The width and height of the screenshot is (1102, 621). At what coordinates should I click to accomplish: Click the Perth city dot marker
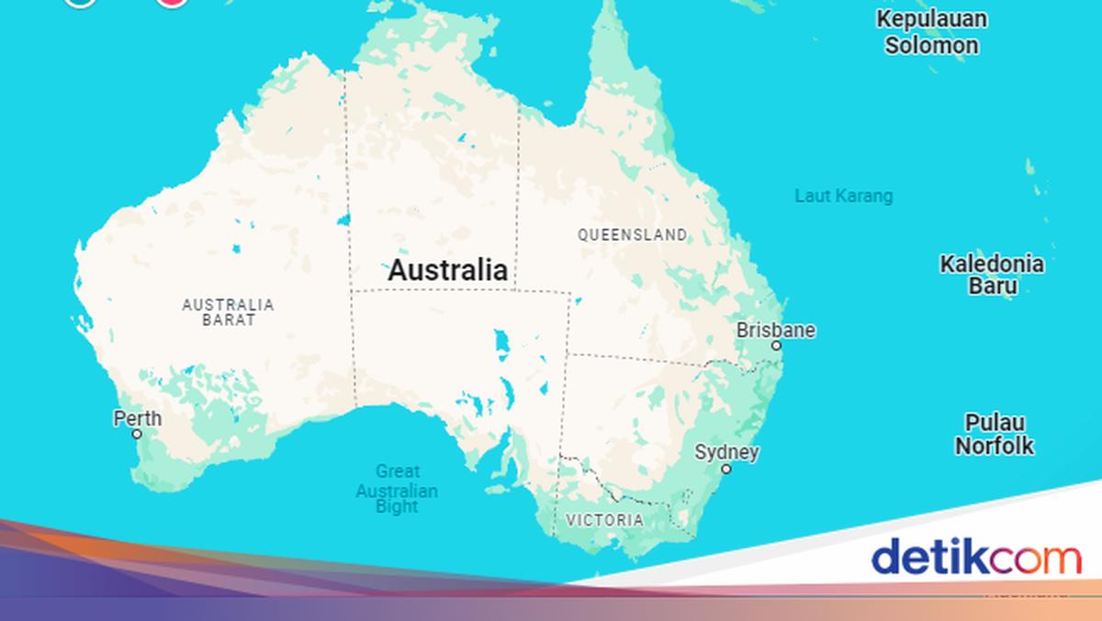click(137, 434)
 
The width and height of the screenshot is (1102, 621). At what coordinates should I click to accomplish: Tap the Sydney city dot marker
click(725, 469)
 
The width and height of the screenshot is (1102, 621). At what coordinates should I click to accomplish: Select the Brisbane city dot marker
click(776, 346)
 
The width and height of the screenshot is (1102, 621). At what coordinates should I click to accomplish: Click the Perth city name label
click(137, 419)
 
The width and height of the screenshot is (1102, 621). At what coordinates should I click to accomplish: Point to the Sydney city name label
click(726, 452)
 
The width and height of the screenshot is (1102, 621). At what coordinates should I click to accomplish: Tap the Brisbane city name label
click(775, 330)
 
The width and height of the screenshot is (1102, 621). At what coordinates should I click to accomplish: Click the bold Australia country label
click(447, 270)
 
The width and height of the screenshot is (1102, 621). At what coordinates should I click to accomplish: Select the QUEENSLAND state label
click(632, 235)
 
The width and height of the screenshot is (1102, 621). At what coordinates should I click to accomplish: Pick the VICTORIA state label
click(604, 520)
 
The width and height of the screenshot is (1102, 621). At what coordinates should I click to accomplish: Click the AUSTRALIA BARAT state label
click(228, 312)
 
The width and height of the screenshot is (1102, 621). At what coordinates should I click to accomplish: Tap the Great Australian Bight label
click(397, 490)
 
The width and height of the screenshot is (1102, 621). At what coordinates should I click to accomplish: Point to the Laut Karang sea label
click(843, 196)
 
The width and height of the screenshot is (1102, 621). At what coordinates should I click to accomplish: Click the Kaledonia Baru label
click(991, 275)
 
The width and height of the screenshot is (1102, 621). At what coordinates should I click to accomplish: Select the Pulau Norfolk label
click(994, 435)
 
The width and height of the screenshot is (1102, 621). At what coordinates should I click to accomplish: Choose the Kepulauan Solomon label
click(931, 32)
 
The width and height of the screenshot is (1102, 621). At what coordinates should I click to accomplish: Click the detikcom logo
click(976, 558)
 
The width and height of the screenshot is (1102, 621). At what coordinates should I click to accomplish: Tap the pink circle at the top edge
click(172, 2)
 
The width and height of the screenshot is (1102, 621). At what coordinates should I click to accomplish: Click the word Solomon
click(931, 45)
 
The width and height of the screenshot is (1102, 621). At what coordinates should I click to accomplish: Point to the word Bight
click(397, 506)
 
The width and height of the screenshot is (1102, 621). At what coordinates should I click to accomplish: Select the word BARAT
click(228, 321)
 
